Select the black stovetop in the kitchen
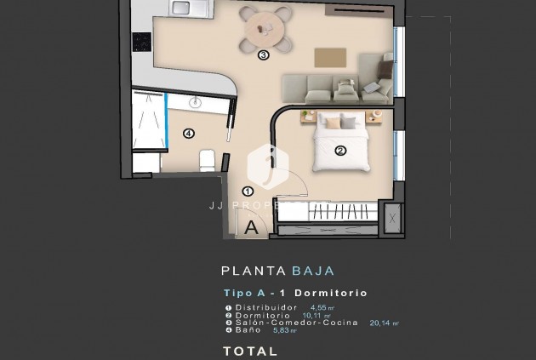(x=141, y=41)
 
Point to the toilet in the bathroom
(x=207, y=159)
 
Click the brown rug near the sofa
(x=332, y=57)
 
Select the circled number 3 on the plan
(x=263, y=56)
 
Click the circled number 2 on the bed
(x=340, y=152)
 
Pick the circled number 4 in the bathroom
(x=188, y=133)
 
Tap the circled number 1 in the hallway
(x=248, y=192)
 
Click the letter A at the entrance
(x=252, y=227)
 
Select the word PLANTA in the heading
(x=253, y=271)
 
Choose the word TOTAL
(x=250, y=350)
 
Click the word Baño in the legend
(x=247, y=330)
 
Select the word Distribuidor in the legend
(x=267, y=306)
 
